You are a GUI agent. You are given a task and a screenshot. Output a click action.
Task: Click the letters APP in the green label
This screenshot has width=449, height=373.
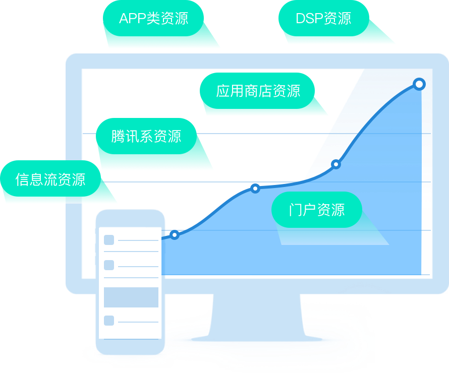[132, 19]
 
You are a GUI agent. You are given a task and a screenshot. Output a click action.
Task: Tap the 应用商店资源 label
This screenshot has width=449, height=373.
[257, 91]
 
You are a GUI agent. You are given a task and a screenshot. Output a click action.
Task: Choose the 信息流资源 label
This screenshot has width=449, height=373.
[50, 179]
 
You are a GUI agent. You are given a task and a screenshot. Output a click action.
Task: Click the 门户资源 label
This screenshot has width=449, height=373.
[317, 210]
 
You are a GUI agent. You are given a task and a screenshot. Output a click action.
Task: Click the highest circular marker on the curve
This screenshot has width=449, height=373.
[419, 84]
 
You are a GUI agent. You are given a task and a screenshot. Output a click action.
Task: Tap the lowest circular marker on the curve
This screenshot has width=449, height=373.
[175, 235]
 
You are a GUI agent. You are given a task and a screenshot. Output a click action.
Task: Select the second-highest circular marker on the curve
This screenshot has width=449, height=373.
[336, 164]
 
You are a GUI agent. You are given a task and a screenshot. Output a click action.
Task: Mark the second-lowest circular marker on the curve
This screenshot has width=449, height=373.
[255, 189]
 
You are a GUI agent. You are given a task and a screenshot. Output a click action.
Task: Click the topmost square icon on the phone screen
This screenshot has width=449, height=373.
[109, 240]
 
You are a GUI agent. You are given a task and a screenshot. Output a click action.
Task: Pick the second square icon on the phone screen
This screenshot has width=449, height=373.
[109, 265]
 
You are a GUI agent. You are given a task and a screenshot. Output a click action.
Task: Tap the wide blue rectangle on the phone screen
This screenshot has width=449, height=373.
[131, 297]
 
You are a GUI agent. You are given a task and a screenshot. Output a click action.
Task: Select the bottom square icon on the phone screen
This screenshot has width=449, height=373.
[109, 321]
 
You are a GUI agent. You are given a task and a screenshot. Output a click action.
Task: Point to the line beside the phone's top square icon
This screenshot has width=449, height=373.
[138, 241]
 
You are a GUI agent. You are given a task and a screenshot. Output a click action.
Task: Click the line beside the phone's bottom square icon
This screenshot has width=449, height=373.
[138, 322]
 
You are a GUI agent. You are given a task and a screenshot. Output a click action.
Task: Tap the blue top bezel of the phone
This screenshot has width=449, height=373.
[130, 218]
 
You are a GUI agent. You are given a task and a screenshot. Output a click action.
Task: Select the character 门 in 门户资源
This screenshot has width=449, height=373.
[295, 210]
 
